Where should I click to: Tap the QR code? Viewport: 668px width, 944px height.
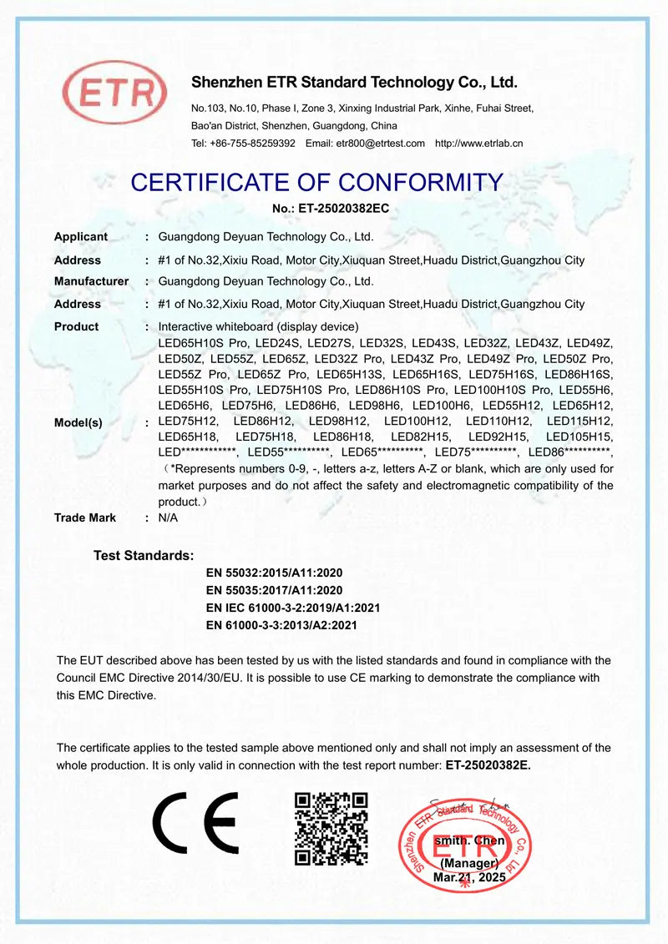click(331, 828)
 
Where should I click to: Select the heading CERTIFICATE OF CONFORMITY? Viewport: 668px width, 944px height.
click(317, 182)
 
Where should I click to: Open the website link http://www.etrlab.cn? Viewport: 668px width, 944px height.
click(479, 144)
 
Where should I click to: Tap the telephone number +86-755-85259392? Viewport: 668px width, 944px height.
click(251, 144)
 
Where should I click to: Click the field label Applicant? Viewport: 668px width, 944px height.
click(81, 237)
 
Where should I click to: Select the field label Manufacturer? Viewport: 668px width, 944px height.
click(91, 281)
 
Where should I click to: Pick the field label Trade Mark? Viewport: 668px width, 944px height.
click(85, 517)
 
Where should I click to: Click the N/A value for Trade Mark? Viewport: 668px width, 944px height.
click(168, 517)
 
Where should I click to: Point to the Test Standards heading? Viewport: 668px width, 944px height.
click(144, 555)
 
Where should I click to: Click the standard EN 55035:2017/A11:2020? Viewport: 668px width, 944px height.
click(274, 590)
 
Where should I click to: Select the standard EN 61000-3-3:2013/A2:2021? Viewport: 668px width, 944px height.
click(281, 624)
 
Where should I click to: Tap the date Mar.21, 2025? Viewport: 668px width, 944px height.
click(469, 878)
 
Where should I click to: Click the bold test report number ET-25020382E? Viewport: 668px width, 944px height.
click(488, 764)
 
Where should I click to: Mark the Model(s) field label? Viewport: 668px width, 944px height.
click(78, 422)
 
